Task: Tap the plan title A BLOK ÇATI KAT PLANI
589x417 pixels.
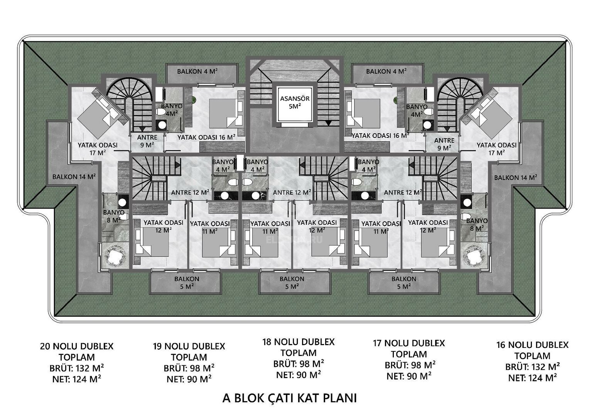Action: (x=290, y=398)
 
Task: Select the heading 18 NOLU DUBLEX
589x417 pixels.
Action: (x=299, y=342)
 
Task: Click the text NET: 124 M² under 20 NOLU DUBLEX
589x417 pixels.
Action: (x=76, y=379)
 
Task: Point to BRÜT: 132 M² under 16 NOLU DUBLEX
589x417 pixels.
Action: (x=532, y=367)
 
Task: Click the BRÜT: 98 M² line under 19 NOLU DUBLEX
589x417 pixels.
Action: (x=189, y=368)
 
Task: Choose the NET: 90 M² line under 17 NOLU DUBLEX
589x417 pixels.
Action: (x=409, y=376)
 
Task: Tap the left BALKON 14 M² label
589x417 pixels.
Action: (x=74, y=177)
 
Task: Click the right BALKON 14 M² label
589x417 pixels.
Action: (x=516, y=178)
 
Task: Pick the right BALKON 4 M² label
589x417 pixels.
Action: (x=386, y=71)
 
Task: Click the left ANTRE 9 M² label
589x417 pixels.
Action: (x=147, y=141)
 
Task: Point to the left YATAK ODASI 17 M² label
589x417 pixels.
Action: (x=98, y=149)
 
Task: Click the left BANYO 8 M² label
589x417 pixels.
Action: (x=113, y=216)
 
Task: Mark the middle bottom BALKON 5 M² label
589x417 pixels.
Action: (x=292, y=283)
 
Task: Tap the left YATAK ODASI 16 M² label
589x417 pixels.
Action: (x=206, y=137)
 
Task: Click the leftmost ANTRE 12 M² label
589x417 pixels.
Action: (x=191, y=192)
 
